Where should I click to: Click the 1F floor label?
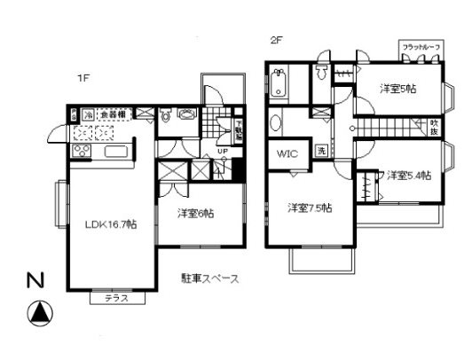tap(83, 78)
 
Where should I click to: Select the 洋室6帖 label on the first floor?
tap(194, 213)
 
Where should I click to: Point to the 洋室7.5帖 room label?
tap(309, 208)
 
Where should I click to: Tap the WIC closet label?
tap(287, 153)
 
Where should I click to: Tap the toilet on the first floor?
tap(165, 115)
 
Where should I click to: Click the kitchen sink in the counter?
tap(117, 153)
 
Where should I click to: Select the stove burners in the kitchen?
tap(76, 153)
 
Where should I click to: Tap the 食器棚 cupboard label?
tap(111, 114)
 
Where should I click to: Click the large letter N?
tap(35, 282)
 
